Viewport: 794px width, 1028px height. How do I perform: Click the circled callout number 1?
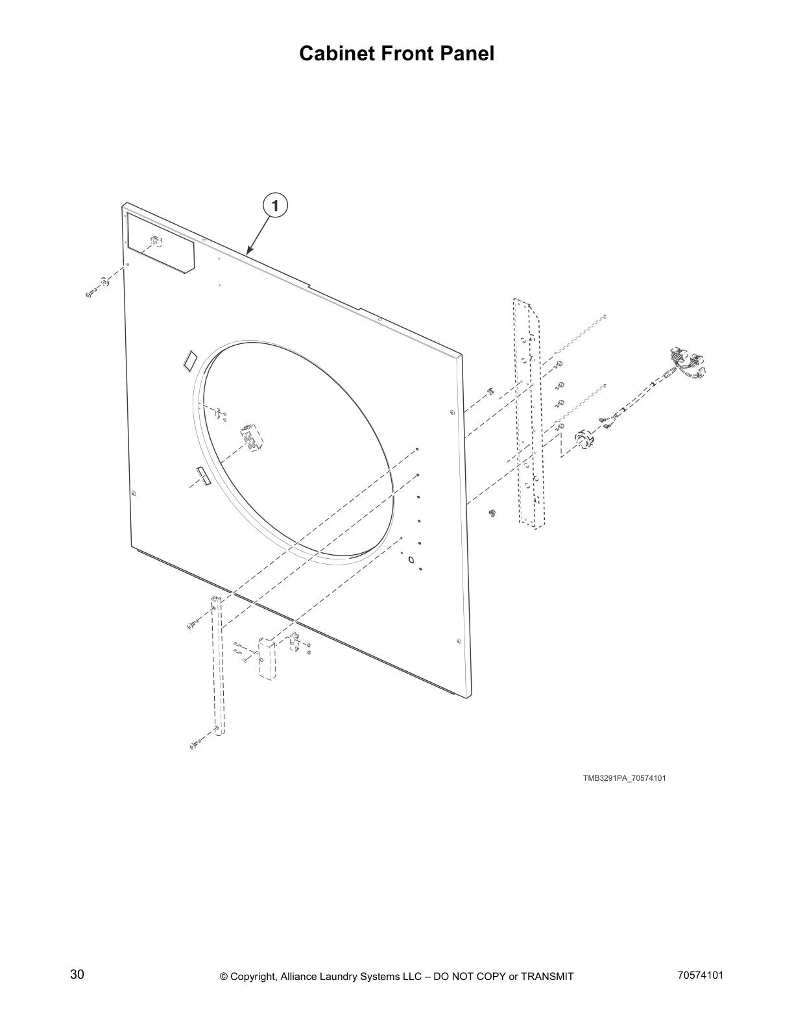coord(275,206)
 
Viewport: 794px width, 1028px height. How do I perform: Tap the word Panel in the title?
coord(465,54)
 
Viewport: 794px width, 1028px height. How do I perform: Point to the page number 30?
coord(77,975)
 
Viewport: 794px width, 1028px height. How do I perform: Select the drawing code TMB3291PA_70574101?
coord(623,778)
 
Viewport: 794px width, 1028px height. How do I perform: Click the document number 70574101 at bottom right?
coord(700,975)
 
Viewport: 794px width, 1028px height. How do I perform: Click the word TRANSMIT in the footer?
coord(547,977)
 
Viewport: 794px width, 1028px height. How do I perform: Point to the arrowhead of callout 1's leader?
coord(248,251)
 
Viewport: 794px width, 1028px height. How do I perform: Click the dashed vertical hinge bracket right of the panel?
coord(527,415)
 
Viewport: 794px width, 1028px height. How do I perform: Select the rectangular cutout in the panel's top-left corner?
coord(160,244)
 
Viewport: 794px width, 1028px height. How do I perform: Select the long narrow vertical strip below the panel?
coord(217,665)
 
